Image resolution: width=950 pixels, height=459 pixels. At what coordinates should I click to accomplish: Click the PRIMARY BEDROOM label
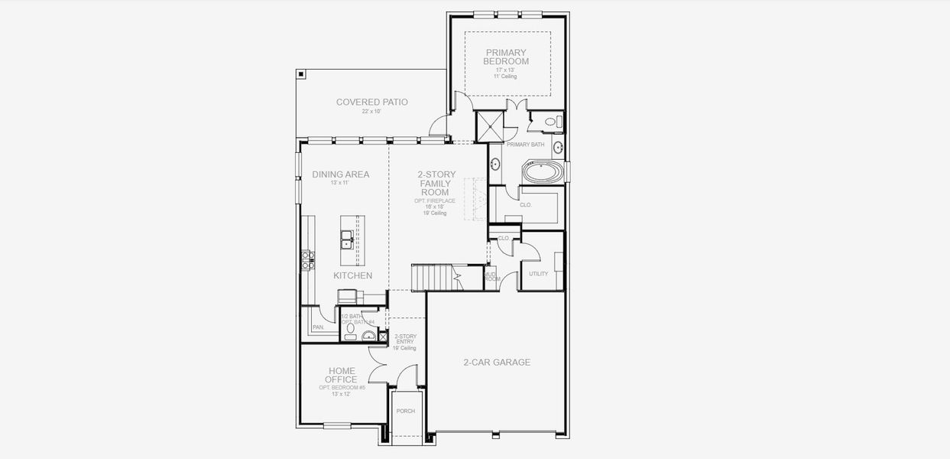[507, 57]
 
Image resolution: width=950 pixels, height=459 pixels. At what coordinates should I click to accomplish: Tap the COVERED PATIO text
[371, 102]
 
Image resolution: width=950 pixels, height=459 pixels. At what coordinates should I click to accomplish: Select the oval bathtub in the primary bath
[543, 171]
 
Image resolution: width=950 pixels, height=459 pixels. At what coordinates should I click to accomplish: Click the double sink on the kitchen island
[347, 240]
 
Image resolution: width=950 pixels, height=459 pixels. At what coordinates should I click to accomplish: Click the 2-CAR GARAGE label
[497, 363]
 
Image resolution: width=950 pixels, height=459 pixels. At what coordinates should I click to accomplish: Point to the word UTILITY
[538, 274]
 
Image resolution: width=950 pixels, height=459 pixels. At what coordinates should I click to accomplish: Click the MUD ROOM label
[491, 276]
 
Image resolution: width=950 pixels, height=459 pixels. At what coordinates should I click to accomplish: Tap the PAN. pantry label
[318, 327]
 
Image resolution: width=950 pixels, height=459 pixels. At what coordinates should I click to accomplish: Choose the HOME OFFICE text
[342, 375]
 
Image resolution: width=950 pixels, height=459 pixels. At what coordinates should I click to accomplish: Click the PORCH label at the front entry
[405, 411]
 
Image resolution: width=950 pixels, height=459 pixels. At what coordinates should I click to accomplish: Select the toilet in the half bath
[350, 330]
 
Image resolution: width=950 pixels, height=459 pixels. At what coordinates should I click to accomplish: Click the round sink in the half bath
[368, 335]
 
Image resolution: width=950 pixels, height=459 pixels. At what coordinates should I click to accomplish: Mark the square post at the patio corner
[302, 74]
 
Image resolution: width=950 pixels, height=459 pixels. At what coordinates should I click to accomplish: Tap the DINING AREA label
[340, 174]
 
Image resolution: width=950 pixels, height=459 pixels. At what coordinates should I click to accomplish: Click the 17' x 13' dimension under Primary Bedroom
[505, 70]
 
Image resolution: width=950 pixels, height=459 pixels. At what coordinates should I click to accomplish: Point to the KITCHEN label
[352, 275]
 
